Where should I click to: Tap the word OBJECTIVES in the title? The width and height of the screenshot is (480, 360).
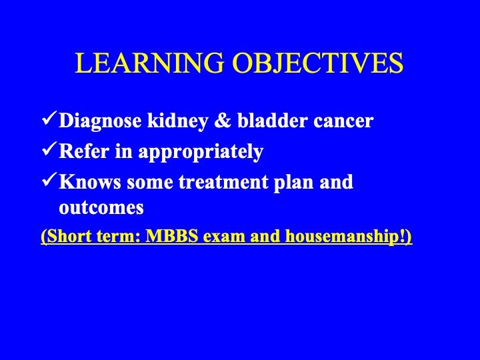318,63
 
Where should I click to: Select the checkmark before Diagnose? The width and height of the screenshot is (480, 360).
49,119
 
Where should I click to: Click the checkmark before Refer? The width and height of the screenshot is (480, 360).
49,149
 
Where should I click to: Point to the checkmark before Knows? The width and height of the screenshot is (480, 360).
49,180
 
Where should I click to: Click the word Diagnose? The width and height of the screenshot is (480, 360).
100,121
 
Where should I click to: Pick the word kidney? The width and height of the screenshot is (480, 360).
178,121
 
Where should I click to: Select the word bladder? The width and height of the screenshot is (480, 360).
272,121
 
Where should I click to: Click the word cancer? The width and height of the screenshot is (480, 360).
343,123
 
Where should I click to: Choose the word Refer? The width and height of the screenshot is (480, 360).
84,151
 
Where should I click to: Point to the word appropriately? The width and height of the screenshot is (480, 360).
201,152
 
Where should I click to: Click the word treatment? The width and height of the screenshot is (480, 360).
223,183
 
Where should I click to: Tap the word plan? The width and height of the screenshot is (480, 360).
293,183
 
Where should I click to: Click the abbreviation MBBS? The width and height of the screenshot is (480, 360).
172,236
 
